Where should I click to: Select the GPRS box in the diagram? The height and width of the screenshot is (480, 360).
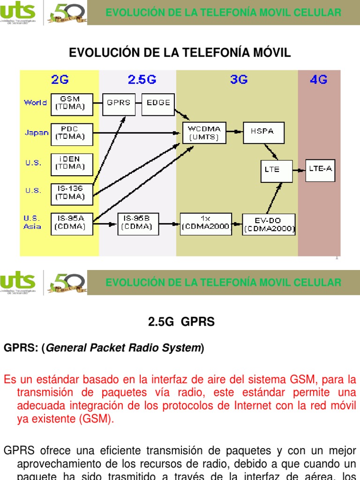(119, 102)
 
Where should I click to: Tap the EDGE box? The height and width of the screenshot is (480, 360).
(158, 102)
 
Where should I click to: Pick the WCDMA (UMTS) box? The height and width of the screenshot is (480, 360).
(204, 133)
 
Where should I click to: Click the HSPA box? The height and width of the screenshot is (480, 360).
(263, 133)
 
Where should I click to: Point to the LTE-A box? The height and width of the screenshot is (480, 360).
(321, 169)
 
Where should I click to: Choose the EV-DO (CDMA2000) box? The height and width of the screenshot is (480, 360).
(269, 224)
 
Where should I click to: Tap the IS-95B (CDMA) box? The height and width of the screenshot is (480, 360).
(138, 223)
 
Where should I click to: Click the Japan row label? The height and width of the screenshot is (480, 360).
(37, 133)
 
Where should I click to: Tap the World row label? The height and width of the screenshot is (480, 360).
(36, 102)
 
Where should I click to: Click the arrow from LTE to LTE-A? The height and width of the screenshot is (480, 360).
(299, 169)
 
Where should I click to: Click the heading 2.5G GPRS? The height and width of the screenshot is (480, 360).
(181, 322)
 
